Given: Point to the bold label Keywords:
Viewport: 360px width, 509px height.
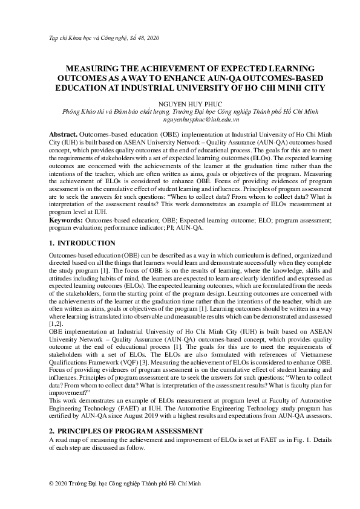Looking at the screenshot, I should [65, 221].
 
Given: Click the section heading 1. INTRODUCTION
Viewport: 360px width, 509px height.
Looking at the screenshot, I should [81, 243].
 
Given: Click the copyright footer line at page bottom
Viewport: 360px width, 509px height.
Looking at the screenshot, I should [123, 484].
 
